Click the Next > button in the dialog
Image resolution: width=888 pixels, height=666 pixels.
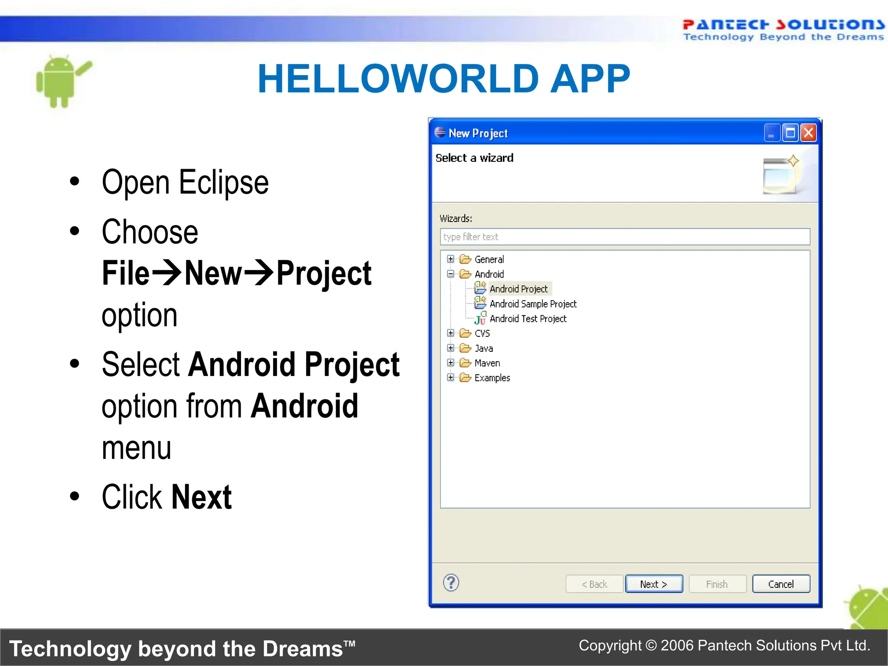click(653, 584)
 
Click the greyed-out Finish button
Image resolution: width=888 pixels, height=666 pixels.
click(717, 584)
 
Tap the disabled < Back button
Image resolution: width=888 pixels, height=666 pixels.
click(594, 584)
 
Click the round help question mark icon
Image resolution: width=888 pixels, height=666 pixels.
click(451, 583)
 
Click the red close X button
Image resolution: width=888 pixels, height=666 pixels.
click(809, 133)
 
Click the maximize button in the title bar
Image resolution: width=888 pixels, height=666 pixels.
click(790, 133)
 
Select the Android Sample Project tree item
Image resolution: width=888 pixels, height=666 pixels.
click(533, 304)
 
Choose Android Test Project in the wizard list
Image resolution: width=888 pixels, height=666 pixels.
click(528, 319)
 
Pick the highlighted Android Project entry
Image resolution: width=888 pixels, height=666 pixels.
click(519, 289)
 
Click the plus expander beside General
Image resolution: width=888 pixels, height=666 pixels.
click(451, 259)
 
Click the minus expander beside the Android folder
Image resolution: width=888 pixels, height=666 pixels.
click(451, 274)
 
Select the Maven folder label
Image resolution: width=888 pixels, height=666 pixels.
click(487, 363)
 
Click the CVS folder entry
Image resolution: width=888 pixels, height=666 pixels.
click(482, 333)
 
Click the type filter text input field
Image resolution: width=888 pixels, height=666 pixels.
click(624, 237)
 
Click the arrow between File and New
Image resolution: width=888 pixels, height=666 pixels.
click(167, 273)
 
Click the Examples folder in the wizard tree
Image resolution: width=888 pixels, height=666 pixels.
click(492, 378)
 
